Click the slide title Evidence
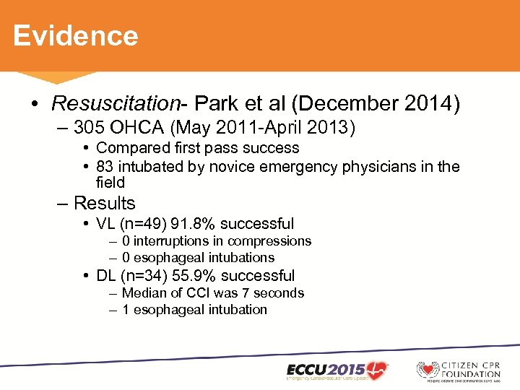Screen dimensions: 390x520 coord(75,35)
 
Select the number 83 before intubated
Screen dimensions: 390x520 coord(105,167)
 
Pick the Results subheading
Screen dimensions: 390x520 coord(105,203)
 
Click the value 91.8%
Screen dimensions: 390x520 coord(189,224)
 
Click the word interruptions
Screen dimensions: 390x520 coord(176,241)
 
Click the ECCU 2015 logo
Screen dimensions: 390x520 coord(337,369)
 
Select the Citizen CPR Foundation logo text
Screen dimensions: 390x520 coord(472,369)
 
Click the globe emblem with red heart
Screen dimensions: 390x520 coord(428,369)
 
